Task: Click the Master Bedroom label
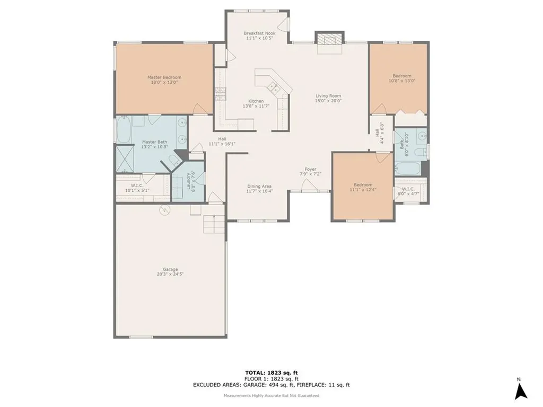164,77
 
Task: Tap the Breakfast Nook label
259,33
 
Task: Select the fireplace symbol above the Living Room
329,39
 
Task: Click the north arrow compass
521,391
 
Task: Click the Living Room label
328,96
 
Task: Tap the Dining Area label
260,186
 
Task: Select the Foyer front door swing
309,185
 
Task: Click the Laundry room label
188,181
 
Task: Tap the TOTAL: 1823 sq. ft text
271,373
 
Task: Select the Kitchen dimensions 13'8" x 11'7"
256,106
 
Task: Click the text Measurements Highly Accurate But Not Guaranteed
271,396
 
